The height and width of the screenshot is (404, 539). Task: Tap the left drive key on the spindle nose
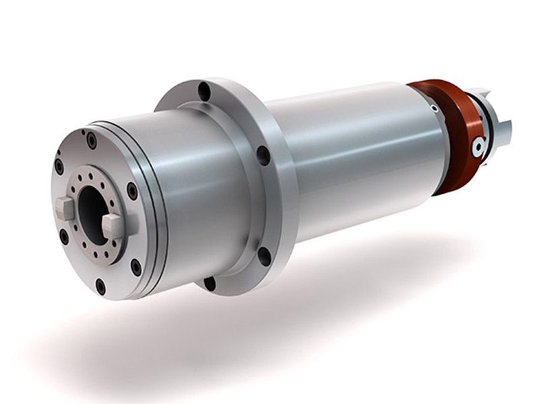click(x=65, y=208)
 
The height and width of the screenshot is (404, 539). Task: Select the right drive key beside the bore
click(x=113, y=226)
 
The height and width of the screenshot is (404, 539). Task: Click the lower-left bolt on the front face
click(x=64, y=237)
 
